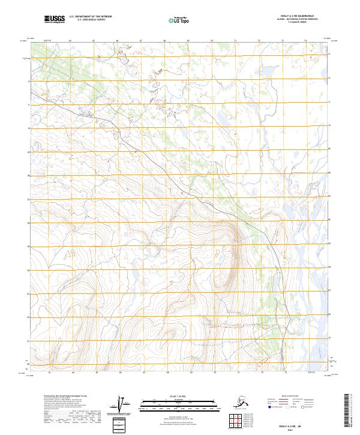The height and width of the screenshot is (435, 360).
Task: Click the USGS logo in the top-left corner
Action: click(54, 20)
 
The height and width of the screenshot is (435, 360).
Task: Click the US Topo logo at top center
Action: click(178, 20)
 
